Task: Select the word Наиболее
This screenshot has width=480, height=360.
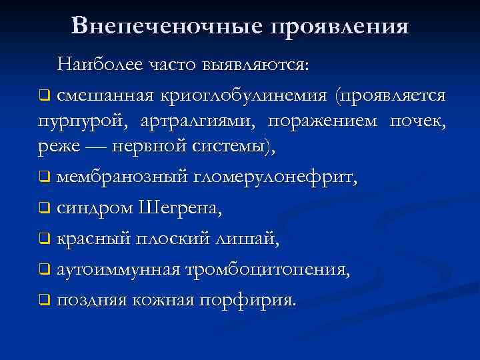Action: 97,64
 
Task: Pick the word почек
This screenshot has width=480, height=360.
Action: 417,121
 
